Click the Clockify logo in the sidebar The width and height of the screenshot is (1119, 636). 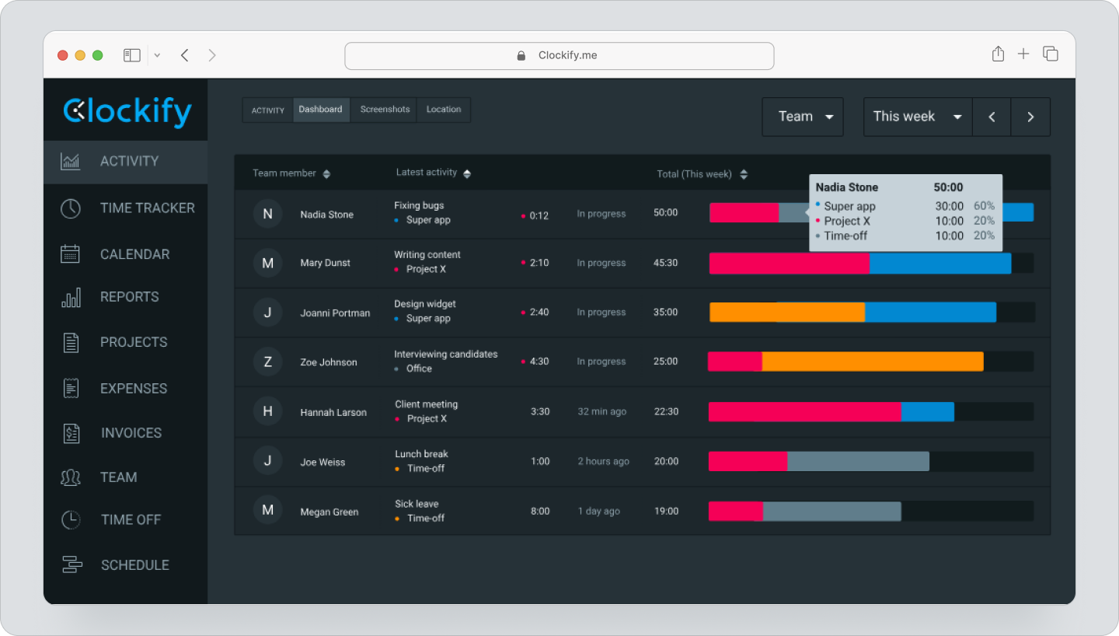[x=127, y=111]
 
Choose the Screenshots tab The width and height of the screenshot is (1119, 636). [x=385, y=110]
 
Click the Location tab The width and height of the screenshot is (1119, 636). [x=444, y=110]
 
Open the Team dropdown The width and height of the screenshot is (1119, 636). [x=803, y=117]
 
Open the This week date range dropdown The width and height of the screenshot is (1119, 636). [x=917, y=117]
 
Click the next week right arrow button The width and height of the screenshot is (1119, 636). [x=1030, y=117]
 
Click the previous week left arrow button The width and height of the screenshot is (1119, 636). [x=992, y=117]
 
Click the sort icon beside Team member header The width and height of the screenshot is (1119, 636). [x=326, y=174]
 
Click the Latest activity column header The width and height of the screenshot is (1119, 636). [x=427, y=173]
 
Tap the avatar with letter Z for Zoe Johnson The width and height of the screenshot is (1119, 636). [x=267, y=362]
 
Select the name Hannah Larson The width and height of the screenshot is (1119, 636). [x=333, y=412]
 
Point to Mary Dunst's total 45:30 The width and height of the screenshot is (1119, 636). [x=665, y=263]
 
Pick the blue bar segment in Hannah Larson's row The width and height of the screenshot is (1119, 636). [x=927, y=412]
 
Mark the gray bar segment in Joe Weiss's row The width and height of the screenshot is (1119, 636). [x=858, y=462]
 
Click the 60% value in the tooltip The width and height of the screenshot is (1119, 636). [x=984, y=206]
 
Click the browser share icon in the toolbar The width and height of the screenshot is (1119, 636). [x=998, y=54]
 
